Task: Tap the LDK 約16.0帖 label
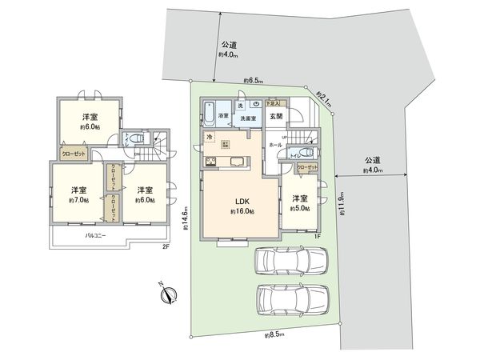pyautogui.click(x=239, y=206)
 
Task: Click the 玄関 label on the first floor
pyautogui.click(x=276, y=117)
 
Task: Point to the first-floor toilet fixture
pyautogui.click(x=309, y=153)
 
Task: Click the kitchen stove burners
pyautogui.click(x=213, y=164)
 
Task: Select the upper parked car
pyautogui.click(x=291, y=262)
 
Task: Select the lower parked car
pyautogui.click(x=292, y=300)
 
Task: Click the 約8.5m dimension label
pyautogui.click(x=275, y=335)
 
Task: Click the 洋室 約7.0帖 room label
pyautogui.click(x=78, y=195)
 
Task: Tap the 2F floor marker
pyautogui.click(x=166, y=248)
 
